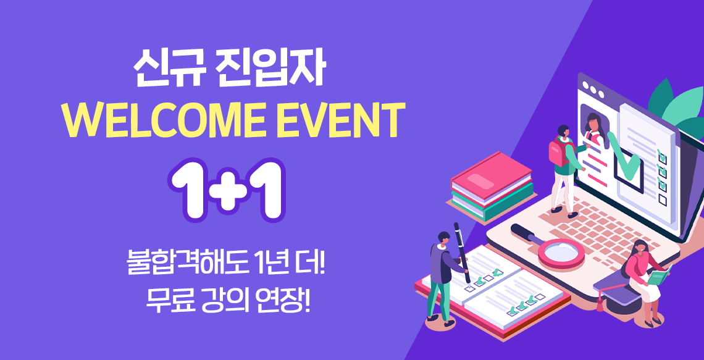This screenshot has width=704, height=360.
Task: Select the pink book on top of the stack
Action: [491, 174]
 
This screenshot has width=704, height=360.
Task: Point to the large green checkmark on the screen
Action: [624, 154]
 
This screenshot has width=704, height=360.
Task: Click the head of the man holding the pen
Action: [443, 238]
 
